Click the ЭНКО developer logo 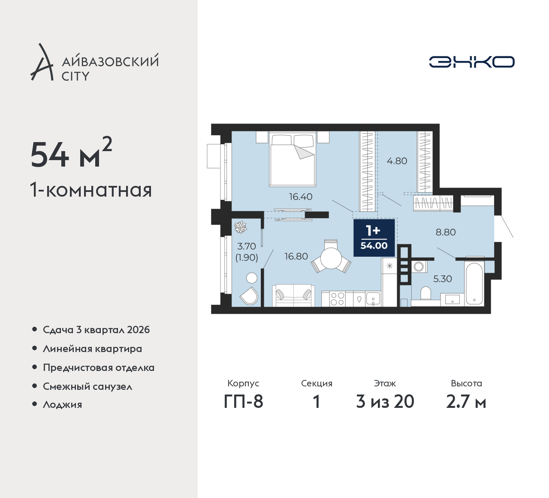(x=471, y=62)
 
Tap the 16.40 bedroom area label (x=301, y=197)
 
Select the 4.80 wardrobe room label (x=397, y=161)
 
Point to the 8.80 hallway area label (x=446, y=232)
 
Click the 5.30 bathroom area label (x=443, y=279)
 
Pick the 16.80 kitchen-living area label (x=296, y=256)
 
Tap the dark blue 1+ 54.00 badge (x=374, y=238)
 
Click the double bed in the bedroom (x=293, y=159)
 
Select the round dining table (x=331, y=258)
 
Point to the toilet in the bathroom (x=425, y=293)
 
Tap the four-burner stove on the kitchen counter (x=337, y=299)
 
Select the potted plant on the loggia (x=241, y=228)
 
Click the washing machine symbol (x=419, y=267)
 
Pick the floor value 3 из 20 (x=385, y=401)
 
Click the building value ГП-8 (x=243, y=401)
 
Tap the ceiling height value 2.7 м (x=466, y=401)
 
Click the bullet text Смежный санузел (x=87, y=386)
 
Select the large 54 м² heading (x=71, y=154)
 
